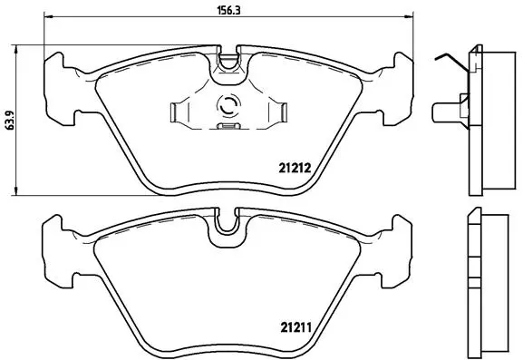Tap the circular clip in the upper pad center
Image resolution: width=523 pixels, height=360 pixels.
click(227, 108)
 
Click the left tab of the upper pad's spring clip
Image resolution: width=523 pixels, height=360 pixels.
click(178, 112)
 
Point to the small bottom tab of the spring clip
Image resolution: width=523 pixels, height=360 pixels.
click(227, 129)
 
